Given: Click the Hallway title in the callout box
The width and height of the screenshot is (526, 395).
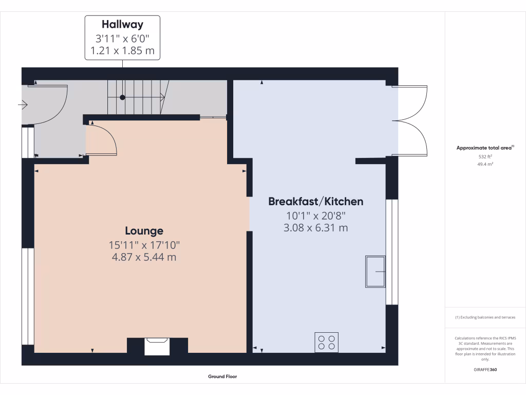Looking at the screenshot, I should pos(122,24).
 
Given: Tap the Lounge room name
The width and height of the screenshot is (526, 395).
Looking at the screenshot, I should pos(144,231).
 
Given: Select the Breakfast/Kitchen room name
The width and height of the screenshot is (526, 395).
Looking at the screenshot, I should pos(315,202).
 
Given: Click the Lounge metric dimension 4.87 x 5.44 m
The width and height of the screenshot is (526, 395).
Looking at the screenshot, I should pos(144,257).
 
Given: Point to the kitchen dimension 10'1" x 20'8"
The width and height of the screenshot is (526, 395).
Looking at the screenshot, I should pos(315,216).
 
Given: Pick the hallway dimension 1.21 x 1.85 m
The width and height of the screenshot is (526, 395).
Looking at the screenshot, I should pos(122,51).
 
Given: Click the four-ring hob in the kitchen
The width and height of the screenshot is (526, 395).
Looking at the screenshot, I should pos(327,342).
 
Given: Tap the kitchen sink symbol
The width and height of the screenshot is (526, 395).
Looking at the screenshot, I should pos(375,271).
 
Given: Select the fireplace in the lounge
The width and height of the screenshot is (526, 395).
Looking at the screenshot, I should pos(156,346).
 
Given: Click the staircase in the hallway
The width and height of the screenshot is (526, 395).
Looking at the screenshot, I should pos(136,97).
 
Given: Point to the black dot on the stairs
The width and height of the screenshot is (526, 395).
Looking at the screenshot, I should pos(122,97).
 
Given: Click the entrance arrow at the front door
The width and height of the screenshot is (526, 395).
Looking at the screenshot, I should pos(23,105).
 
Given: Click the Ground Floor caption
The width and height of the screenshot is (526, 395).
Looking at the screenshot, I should pos(222,376).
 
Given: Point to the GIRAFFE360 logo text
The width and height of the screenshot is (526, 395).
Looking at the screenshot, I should pos(485,369).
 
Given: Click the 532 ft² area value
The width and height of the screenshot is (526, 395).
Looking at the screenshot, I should pos(485,156).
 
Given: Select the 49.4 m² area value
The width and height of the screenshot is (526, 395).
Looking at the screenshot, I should pos(485,164).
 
